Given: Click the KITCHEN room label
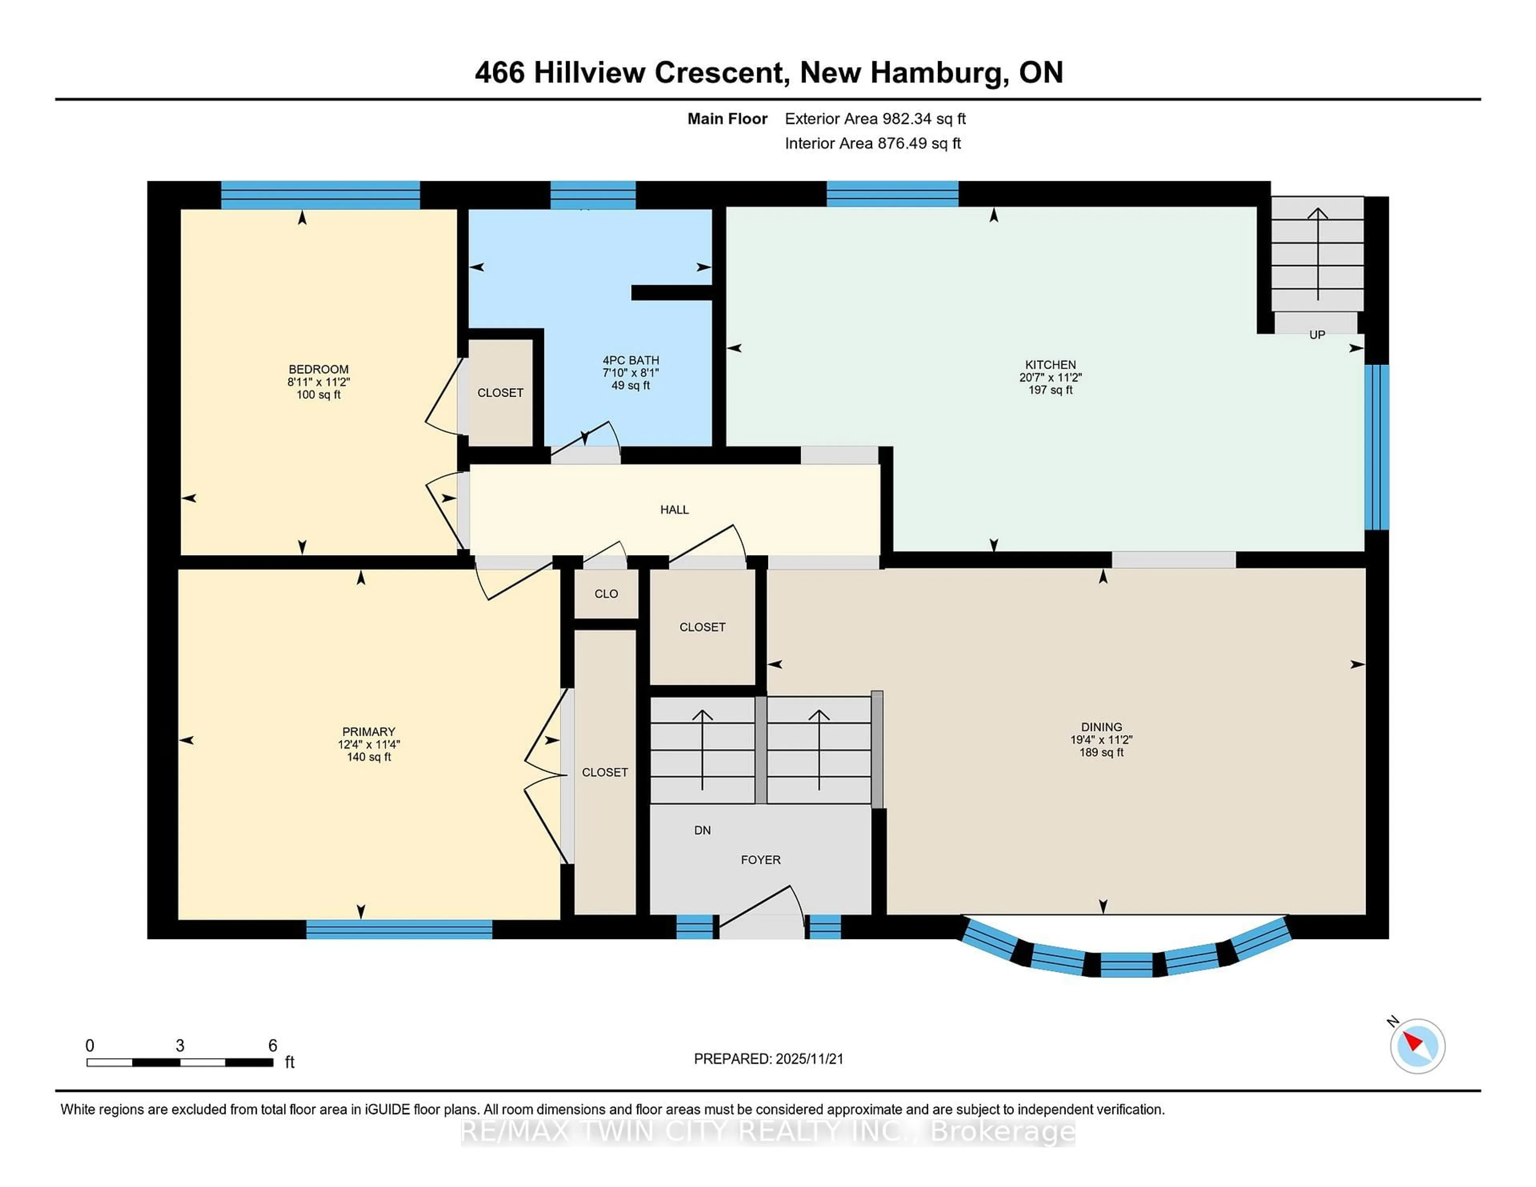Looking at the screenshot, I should [1050, 364].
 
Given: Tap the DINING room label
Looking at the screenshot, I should [1101, 727].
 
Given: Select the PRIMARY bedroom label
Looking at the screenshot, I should [368, 731].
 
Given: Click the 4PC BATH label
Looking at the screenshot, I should [630, 360].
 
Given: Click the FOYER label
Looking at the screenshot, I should [760, 860].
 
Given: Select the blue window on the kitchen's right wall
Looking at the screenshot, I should [1376, 447].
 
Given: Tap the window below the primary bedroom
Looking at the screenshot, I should [399, 929].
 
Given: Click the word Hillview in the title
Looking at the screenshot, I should [588, 72].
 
